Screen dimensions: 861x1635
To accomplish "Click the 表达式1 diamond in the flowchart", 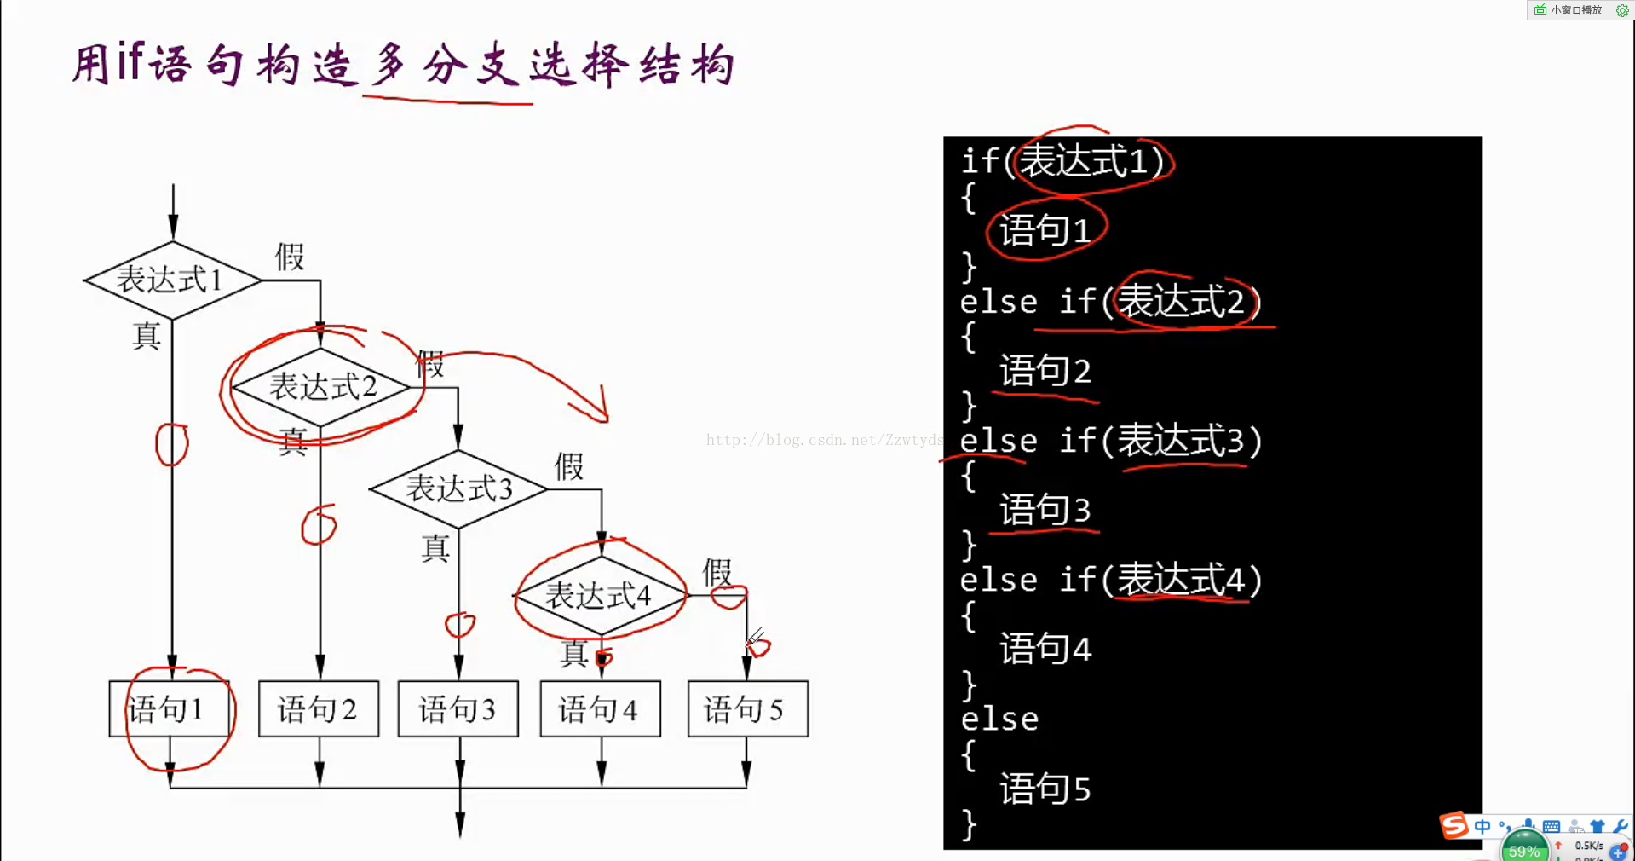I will (x=171, y=280).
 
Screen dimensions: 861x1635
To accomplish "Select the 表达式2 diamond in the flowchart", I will (x=321, y=387).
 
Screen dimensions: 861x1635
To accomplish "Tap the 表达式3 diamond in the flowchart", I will (x=458, y=488).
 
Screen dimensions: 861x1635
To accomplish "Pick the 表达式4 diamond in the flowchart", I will (x=600, y=595).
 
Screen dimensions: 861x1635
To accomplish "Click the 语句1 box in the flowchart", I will (x=170, y=708).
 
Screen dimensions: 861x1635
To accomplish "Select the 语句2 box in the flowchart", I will (x=318, y=708).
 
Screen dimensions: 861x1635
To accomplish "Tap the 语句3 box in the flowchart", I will (x=458, y=708).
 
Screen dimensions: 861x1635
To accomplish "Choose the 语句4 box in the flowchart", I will (x=600, y=708).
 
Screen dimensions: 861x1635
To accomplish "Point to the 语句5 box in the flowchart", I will (x=747, y=708).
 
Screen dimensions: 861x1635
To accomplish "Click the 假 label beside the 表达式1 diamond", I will (x=290, y=257).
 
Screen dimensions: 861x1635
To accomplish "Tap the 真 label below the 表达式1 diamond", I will (x=147, y=336).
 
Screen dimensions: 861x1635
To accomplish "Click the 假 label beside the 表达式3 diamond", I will (x=569, y=466).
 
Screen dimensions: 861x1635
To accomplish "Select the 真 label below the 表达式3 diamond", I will (x=435, y=548).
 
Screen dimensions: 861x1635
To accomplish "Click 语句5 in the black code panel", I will (x=1045, y=789).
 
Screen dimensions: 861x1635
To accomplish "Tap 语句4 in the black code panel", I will (x=1045, y=650).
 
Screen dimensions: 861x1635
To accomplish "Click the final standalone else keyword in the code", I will (x=999, y=719).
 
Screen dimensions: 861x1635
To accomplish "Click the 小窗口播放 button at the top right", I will (x=1569, y=10).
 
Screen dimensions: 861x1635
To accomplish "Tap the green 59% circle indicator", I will (x=1523, y=849).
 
